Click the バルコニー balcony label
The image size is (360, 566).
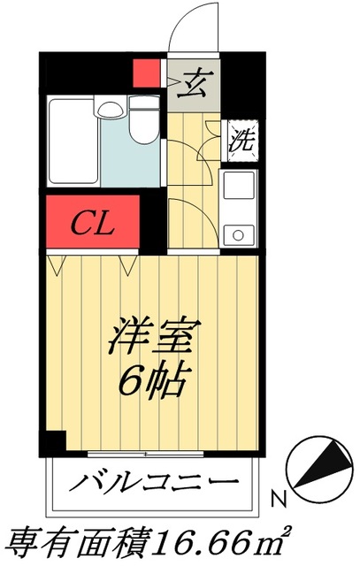click(154, 483)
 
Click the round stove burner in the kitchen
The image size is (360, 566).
click(237, 233)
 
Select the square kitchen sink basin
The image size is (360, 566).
click(238, 187)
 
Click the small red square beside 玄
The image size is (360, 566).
click(145, 73)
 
